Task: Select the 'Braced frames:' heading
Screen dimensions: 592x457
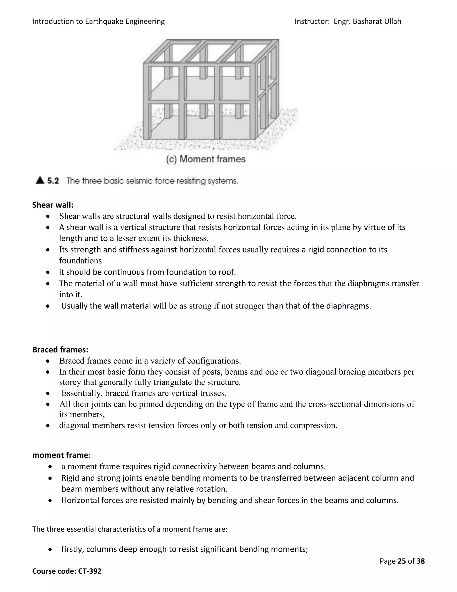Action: click(x=60, y=350)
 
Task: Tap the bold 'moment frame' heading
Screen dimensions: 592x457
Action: click(x=60, y=455)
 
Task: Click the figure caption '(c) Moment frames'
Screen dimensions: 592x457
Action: click(x=206, y=159)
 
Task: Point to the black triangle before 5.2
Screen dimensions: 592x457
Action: click(x=40, y=180)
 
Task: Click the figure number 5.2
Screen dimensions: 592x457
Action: click(x=53, y=181)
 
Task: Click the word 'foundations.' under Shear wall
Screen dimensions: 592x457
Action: click(x=81, y=261)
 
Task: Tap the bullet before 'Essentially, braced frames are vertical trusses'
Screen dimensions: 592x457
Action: click(x=48, y=394)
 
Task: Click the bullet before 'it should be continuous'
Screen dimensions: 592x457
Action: click(x=48, y=272)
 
